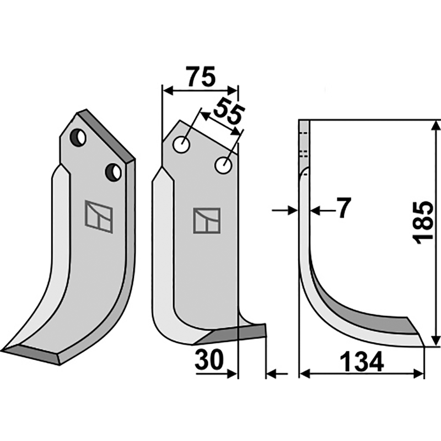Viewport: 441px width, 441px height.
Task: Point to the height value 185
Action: (x=424, y=223)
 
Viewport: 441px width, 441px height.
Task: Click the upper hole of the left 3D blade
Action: (x=77, y=137)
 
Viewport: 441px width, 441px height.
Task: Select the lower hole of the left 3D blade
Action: (x=114, y=172)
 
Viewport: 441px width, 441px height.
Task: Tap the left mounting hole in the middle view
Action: (x=181, y=145)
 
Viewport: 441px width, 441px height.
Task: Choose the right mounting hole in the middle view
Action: (x=223, y=164)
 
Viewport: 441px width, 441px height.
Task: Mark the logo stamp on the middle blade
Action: (x=206, y=220)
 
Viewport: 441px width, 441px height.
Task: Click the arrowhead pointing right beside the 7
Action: (x=292, y=209)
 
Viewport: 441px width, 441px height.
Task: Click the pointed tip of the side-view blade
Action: (x=423, y=345)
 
